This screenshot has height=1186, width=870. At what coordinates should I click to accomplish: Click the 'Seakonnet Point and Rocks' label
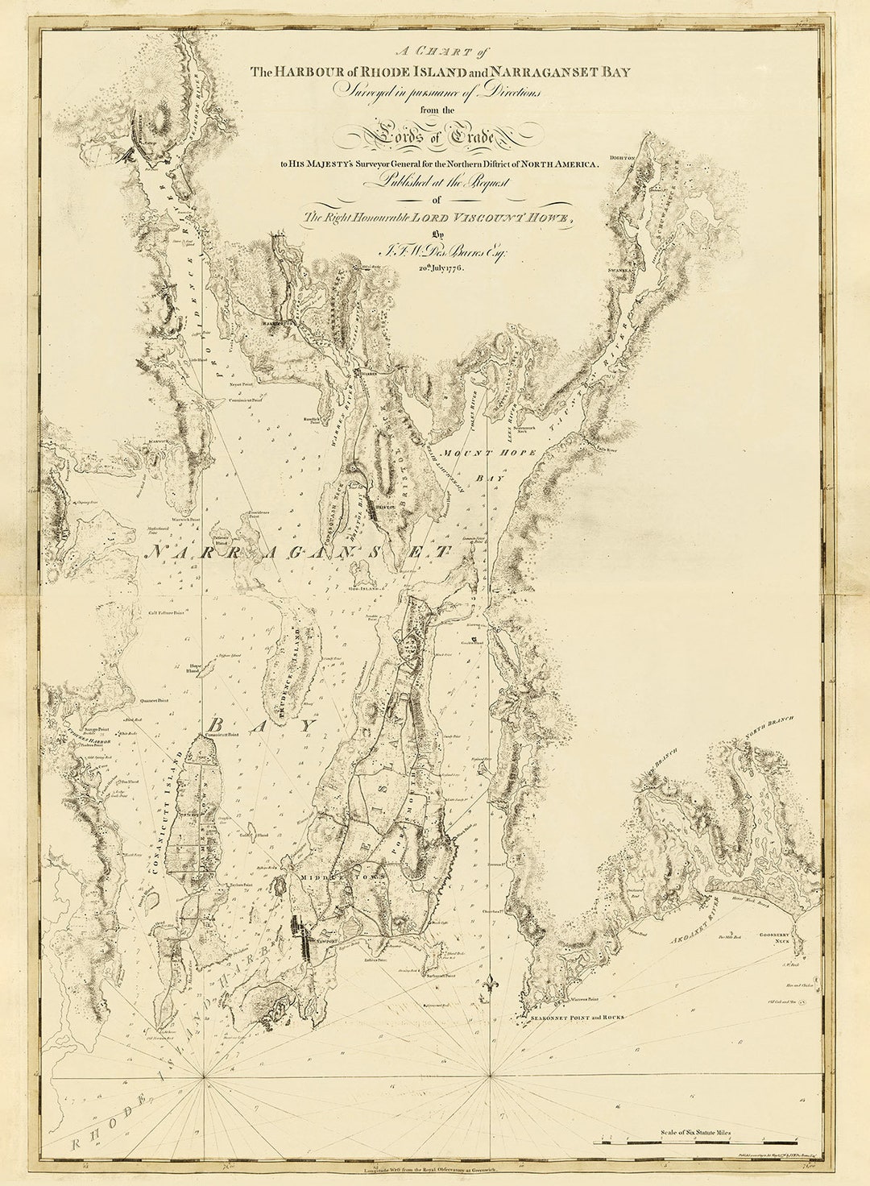578,1018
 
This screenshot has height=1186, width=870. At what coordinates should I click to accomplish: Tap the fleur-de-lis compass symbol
488,984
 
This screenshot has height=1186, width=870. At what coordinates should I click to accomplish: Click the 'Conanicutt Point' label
223,735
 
